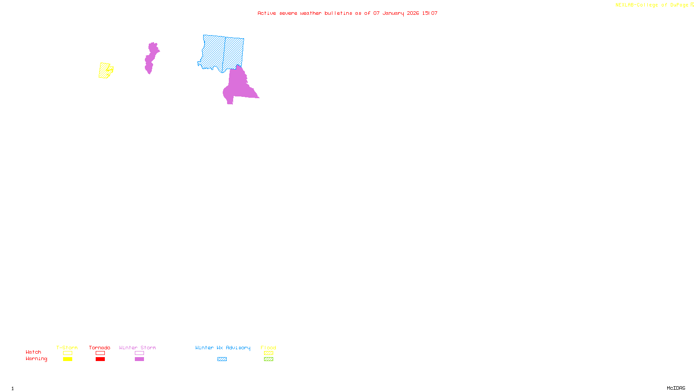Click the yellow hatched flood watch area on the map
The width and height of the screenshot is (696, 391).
pyautogui.click(x=104, y=71)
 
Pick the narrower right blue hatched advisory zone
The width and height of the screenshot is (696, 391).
pyautogui.click(x=234, y=52)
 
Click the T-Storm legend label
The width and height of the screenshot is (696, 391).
pyautogui.click(x=67, y=348)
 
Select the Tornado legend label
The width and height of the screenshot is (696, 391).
pyautogui.click(x=100, y=348)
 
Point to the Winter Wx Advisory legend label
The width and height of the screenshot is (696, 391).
pyautogui.click(x=223, y=348)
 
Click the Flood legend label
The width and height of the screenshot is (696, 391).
pyautogui.click(x=268, y=348)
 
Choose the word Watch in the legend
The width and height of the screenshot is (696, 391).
pyautogui.click(x=33, y=352)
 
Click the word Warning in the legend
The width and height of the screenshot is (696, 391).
pyautogui.click(x=37, y=359)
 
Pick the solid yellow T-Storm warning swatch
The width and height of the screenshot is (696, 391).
pyautogui.click(x=67, y=359)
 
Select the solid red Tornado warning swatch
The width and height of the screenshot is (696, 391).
pyautogui.click(x=100, y=359)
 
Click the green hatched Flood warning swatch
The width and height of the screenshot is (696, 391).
pyautogui.click(x=268, y=359)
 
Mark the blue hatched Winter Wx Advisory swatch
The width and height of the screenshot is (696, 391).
pyautogui.click(x=222, y=359)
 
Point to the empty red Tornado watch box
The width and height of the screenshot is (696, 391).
pyautogui.click(x=100, y=353)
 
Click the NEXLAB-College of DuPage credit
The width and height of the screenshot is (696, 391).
pyautogui.click(x=654, y=5)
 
